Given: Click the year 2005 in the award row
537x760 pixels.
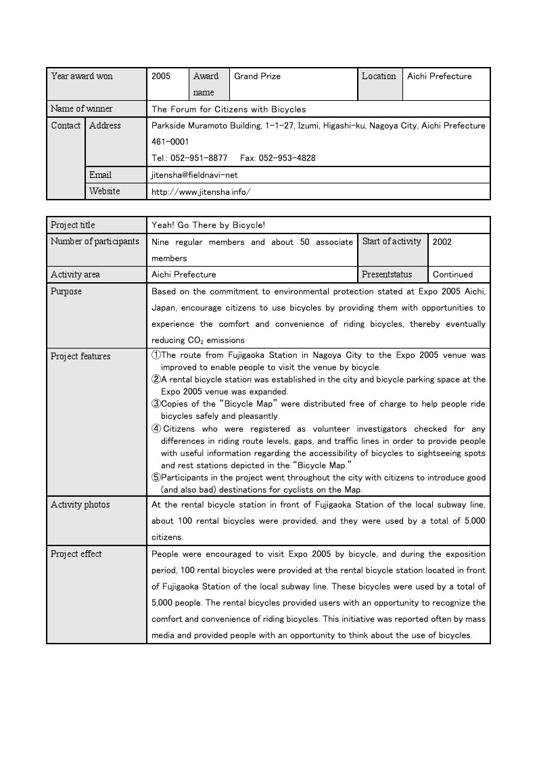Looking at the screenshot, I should [161, 76].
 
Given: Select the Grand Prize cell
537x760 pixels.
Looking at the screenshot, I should [257, 76].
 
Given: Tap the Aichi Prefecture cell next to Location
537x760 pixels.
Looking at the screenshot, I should [439, 76].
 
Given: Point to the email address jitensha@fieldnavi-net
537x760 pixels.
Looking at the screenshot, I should [195, 175].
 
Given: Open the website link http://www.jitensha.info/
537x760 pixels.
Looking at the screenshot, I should [201, 192].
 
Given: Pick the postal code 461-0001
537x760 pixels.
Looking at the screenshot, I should [170, 142].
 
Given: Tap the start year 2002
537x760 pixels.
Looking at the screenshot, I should [442, 242].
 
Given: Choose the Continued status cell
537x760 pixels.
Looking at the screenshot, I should [452, 275].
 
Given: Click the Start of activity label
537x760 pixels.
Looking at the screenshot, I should [392, 242].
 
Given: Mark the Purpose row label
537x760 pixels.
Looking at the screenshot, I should [66, 292].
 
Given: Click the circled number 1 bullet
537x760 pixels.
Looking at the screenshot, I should [156, 355].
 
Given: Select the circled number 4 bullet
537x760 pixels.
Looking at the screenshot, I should [156, 429].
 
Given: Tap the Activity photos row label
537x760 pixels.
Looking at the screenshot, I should [80, 505].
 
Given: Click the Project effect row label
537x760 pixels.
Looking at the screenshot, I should [76, 554].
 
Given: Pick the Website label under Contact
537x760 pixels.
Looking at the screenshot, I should [105, 192].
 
